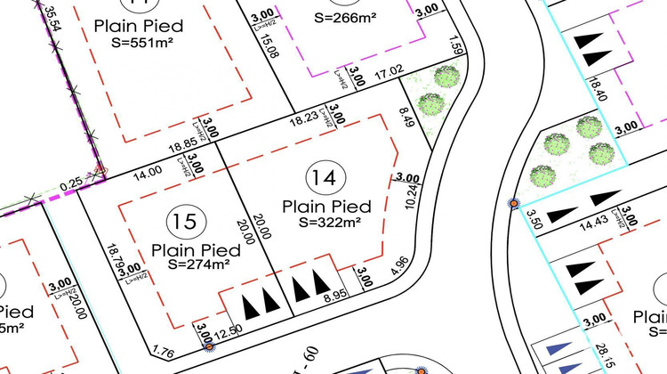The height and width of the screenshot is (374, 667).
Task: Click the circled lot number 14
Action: (x=324, y=177)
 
